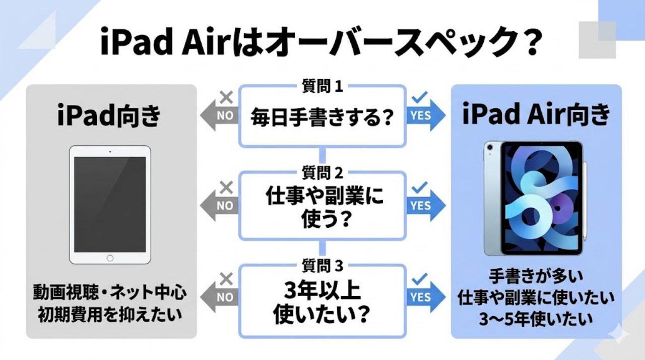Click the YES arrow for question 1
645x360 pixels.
click(426, 115)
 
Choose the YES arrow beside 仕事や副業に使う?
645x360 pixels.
click(426, 205)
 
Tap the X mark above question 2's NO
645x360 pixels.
click(227, 188)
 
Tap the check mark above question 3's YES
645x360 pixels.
click(419, 279)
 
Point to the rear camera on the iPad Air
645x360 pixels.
click(490, 150)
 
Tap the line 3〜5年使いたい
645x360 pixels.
click(536, 319)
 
